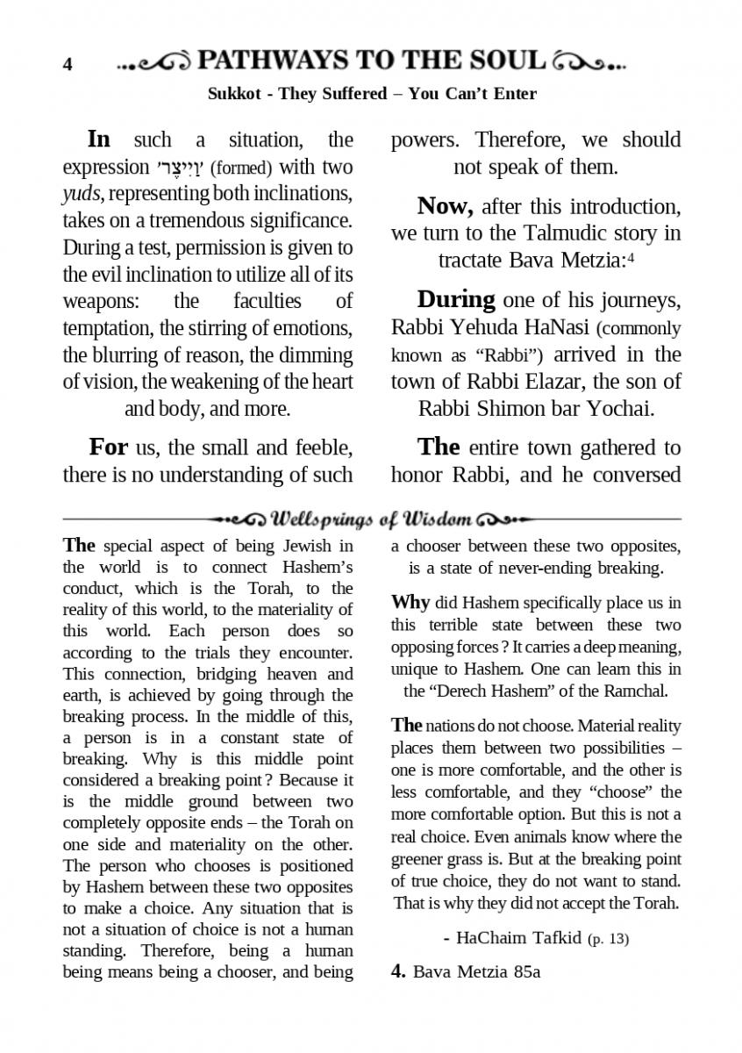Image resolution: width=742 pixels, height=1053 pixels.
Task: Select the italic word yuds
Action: [x=79, y=194]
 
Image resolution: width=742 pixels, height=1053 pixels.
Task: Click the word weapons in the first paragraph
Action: [x=98, y=302]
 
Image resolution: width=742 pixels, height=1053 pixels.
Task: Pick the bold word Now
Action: [x=446, y=206]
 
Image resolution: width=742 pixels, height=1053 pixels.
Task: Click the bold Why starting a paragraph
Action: [x=410, y=603]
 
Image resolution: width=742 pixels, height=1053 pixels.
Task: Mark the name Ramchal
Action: [x=638, y=691]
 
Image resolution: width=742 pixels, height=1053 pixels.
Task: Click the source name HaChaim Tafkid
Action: [x=519, y=938]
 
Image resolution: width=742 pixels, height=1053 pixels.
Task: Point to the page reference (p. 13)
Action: [x=608, y=939]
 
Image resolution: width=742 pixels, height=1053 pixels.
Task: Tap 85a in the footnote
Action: [x=524, y=972]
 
